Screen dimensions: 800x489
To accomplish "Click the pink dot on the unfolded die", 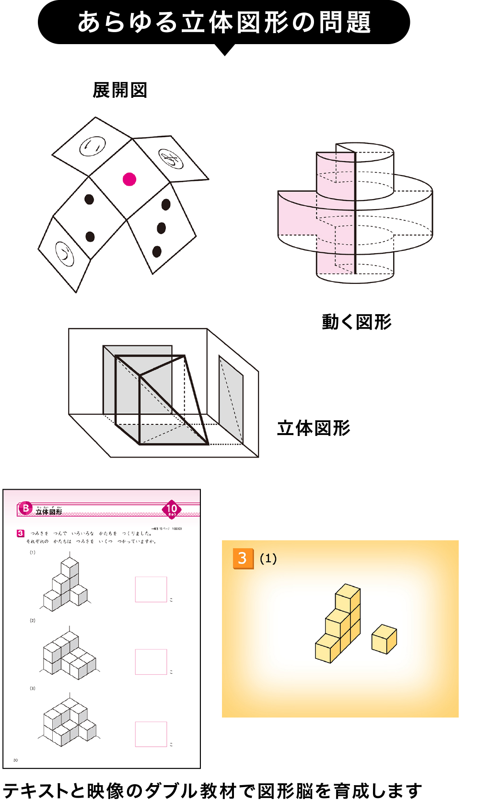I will (x=129, y=179).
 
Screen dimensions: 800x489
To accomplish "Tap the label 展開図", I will (x=120, y=90).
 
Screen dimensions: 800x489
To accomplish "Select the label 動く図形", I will (x=356, y=322).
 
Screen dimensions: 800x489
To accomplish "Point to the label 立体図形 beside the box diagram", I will (x=314, y=428).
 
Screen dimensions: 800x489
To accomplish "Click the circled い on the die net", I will (x=92, y=146).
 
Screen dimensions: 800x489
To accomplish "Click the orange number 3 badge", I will (x=243, y=558).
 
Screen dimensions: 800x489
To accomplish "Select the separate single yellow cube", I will (x=384, y=639).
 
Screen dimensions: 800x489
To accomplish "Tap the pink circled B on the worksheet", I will (x=25, y=508).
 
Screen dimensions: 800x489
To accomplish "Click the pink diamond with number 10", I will (x=172, y=509).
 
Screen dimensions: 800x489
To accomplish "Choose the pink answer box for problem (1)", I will (x=151, y=589).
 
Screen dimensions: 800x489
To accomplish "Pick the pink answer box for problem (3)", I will (x=151, y=734).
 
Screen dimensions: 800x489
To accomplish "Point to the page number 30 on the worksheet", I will (x=15, y=760).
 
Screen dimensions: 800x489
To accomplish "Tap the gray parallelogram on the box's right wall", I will (x=231, y=399).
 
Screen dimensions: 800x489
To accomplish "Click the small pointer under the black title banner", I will (x=224, y=50).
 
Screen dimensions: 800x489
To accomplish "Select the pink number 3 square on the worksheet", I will (x=20, y=533).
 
